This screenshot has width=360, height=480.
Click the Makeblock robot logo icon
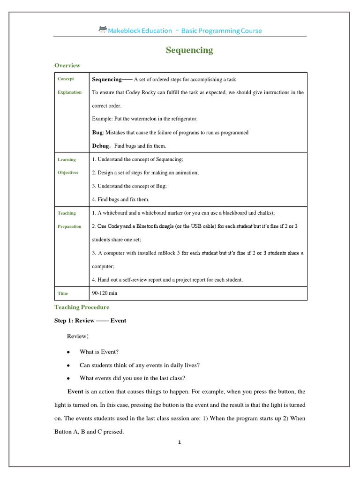click(103, 30)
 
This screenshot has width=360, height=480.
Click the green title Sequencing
click(189, 50)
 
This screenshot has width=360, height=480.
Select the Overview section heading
click(67, 65)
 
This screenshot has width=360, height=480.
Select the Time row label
click(63, 293)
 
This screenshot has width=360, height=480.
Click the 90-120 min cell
click(105, 293)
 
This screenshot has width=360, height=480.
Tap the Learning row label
click(67, 159)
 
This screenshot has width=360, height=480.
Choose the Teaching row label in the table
click(67, 213)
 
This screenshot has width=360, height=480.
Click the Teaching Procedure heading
click(82, 307)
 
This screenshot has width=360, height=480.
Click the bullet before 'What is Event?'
click(69, 352)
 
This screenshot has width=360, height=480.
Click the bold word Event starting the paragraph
click(75, 391)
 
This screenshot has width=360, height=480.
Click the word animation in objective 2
click(186, 173)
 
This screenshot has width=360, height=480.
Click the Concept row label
click(66, 79)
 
